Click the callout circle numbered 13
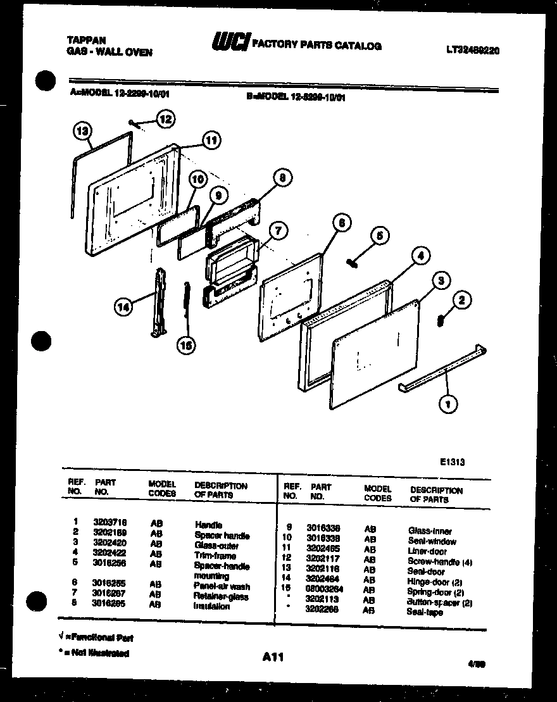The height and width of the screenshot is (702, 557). point(81,131)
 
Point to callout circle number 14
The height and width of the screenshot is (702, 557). point(124,308)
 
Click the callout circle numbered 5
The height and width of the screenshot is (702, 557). point(379,236)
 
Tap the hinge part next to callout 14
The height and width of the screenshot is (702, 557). point(157,303)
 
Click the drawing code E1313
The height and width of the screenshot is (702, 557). point(453,462)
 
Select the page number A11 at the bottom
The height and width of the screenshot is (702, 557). point(272,658)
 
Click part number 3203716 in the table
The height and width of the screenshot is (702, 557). point(110,522)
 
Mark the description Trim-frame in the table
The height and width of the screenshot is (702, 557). point(215,555)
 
